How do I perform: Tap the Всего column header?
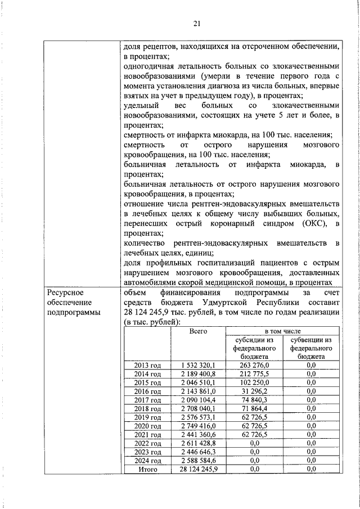199,331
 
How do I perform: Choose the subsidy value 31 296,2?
254,391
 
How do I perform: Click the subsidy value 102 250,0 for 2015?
254,383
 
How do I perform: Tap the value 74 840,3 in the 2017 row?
254,400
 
